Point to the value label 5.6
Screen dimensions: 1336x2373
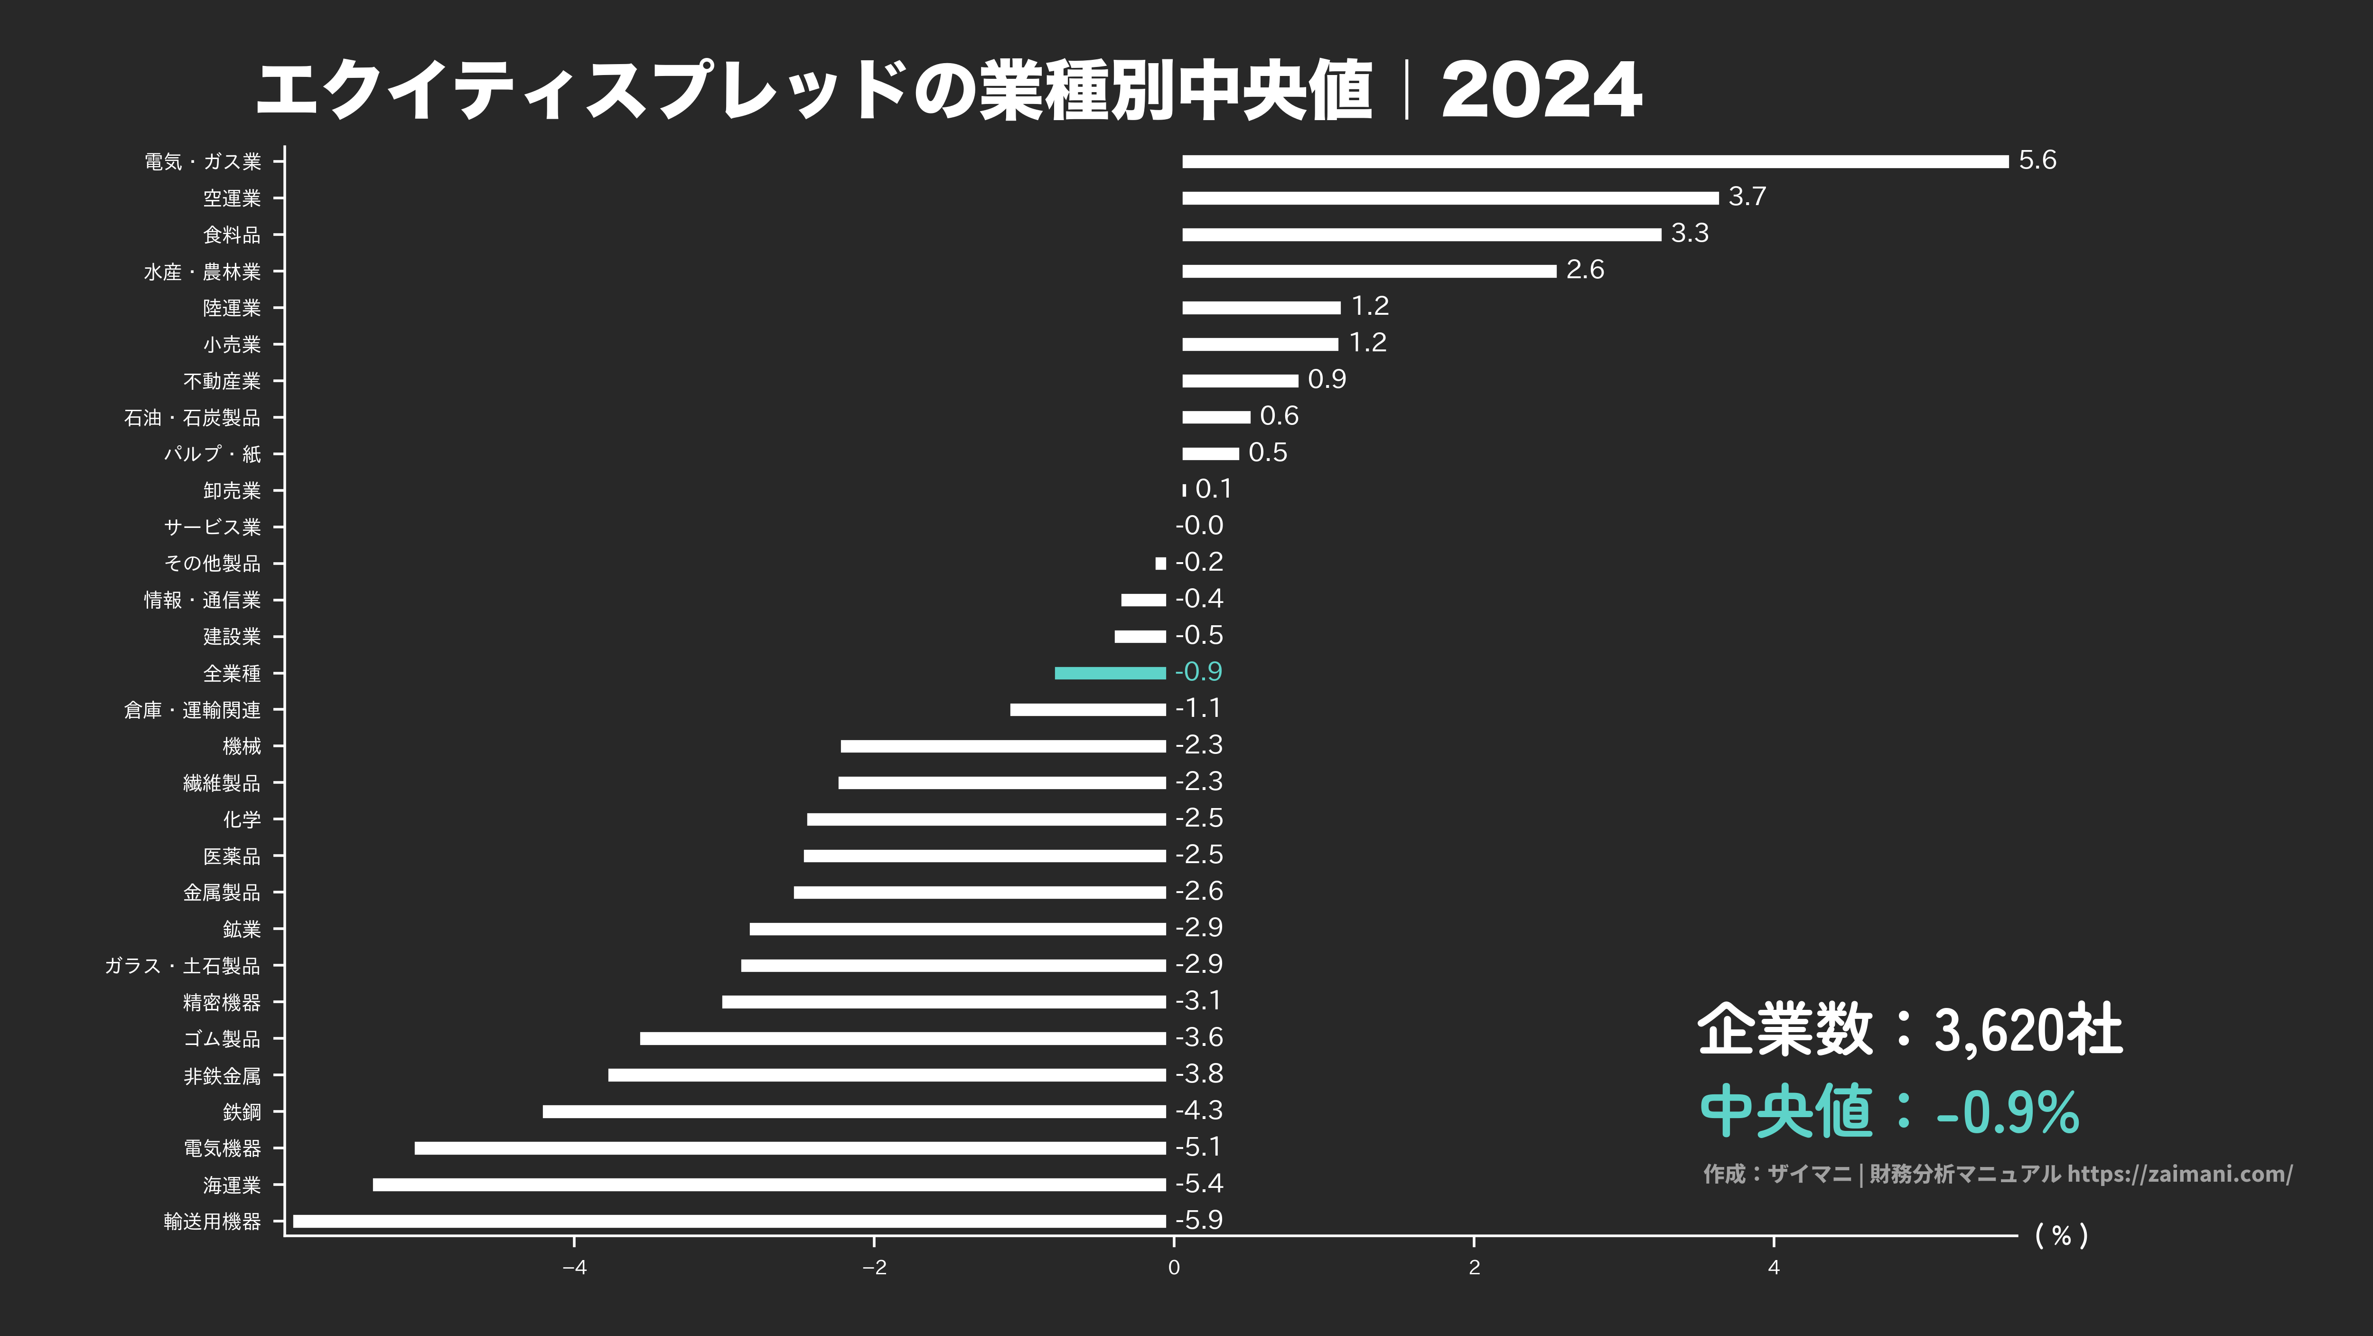point(2037,160)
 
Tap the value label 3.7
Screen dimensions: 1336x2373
point(1747,196)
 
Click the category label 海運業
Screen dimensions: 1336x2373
point(232,1185)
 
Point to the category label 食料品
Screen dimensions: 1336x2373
point(232,235)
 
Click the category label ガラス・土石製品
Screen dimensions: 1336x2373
point(182,966)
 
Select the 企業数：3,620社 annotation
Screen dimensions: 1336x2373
point(1909,1029)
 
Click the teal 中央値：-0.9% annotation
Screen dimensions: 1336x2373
point(1888,1111)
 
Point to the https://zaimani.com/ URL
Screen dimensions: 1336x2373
point(2179,1174)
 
